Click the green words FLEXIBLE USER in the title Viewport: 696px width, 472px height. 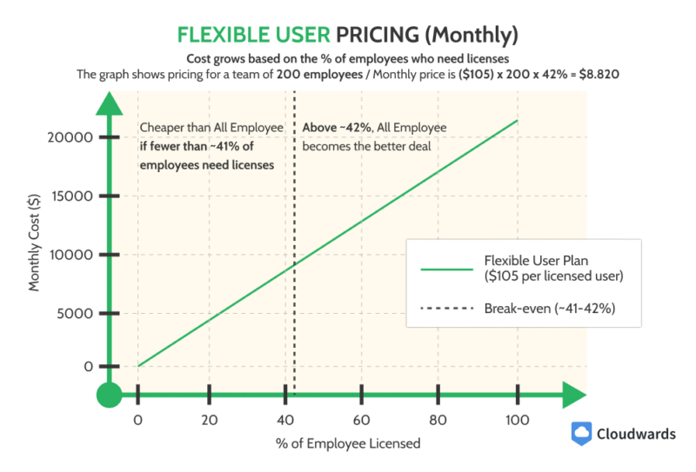coord(251,35)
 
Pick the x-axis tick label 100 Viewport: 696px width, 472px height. coord(518,421)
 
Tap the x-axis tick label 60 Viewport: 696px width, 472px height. coord(360,421)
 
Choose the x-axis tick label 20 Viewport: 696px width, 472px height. coord(209,421)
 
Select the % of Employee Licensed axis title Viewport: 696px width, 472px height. coord(348,443)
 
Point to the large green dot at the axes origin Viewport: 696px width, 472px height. coord(108,396)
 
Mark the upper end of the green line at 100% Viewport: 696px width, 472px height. coord(518,121)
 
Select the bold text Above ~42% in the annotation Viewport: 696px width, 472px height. coord(331,128)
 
